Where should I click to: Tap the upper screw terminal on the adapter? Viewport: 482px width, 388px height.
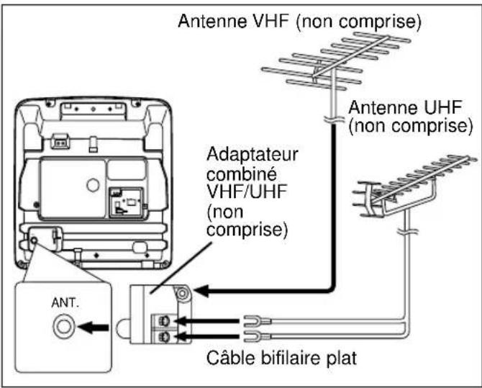click(x=164, y=321)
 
